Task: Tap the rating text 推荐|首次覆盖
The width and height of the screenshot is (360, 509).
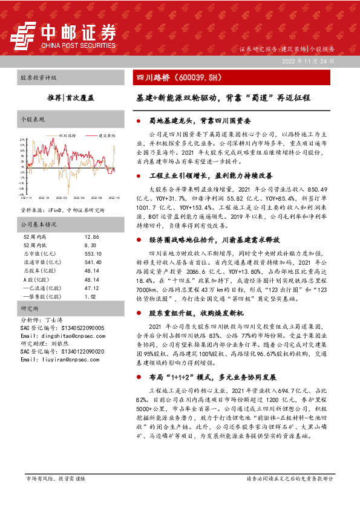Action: (x=67, y=97)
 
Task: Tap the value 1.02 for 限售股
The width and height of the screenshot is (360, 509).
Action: (x=90, y=297)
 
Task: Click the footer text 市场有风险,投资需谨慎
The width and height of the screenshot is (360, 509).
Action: (x=54, y=478)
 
